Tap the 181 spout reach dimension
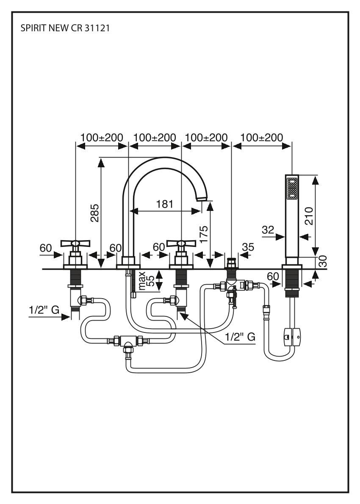point(164,204)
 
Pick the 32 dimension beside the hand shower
point(268,230)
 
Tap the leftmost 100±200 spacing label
point(102,138)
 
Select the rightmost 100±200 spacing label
point(261,138)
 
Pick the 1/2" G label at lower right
point(240,337)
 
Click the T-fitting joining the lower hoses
point(127,341)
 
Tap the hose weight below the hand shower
point(292,337)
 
